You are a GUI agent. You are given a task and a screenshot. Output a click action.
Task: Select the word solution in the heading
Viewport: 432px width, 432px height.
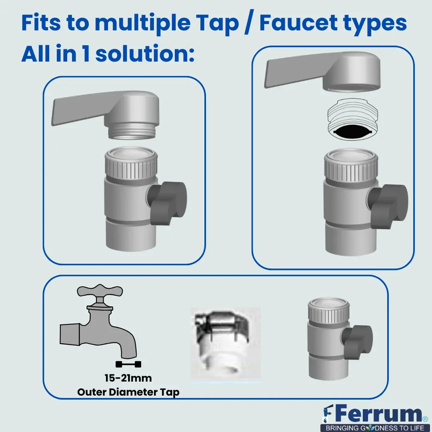[x=145, y=53]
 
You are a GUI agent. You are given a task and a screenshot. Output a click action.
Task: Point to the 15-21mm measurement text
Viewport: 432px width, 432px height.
[x=128, y=378]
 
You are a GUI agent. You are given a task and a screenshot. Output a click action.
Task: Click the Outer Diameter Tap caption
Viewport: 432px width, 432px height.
[x=128, y=392]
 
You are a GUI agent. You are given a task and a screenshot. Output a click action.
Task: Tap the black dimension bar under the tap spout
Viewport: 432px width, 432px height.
[x=128, y=364]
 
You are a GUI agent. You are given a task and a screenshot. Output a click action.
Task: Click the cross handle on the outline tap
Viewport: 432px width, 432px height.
[x=100, y=291]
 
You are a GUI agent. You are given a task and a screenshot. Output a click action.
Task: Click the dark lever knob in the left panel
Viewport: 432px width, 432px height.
[x=167, y=202]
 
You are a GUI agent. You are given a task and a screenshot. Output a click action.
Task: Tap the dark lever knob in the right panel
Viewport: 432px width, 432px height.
[x=388, y=206]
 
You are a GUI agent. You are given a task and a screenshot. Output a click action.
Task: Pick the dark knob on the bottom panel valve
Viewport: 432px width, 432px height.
[x=357, y=342]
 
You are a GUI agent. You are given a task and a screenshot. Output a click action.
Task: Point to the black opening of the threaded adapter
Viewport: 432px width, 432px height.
[x=353, y=132]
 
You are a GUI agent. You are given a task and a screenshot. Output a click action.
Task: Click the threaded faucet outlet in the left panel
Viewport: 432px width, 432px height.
[x=132, y=130]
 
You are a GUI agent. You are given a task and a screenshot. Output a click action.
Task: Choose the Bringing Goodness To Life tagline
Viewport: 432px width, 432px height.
[x=375, y=428]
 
